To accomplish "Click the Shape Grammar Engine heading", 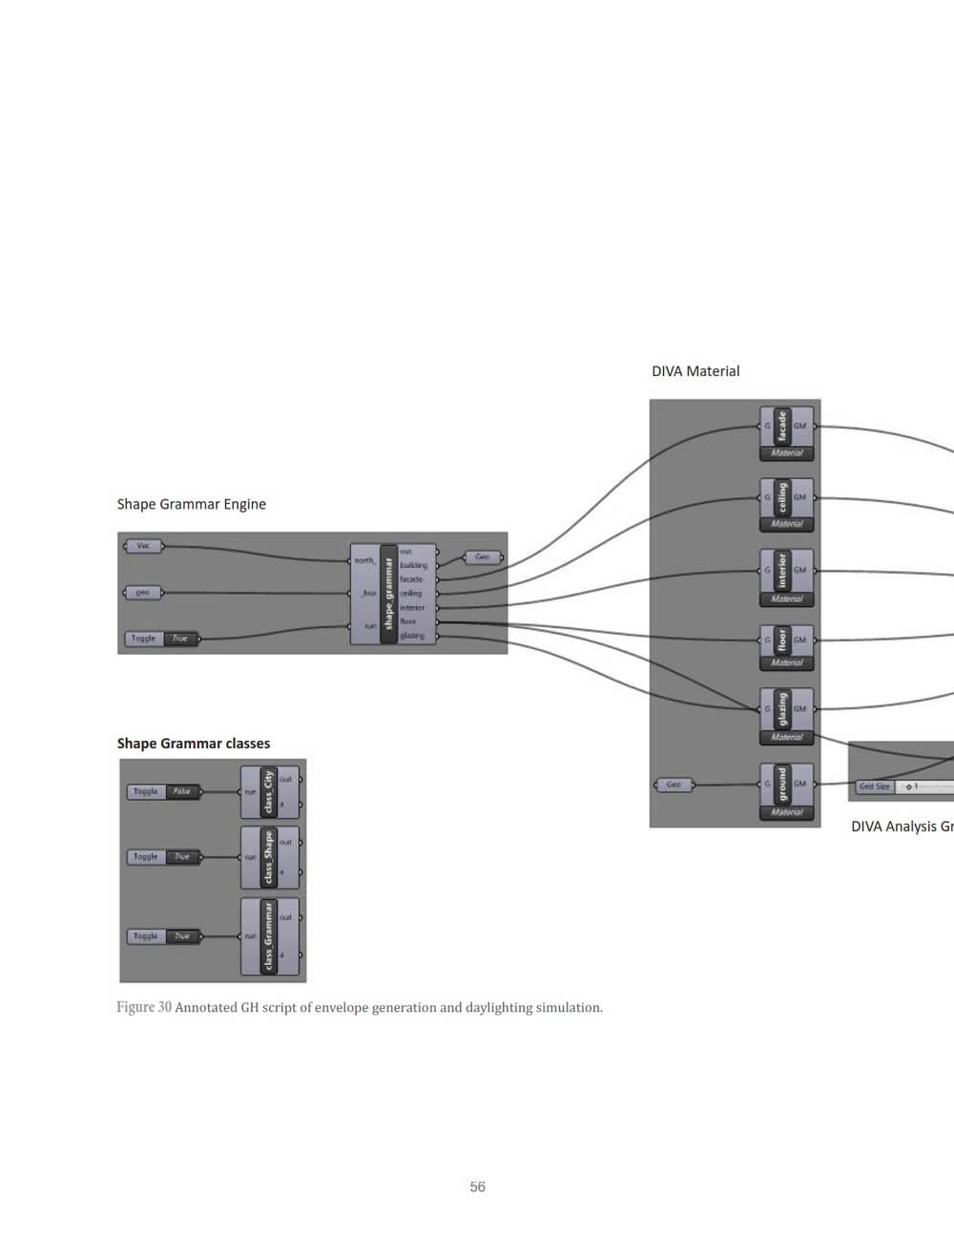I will tap(191, 504).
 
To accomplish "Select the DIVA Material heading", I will tap(695, 371).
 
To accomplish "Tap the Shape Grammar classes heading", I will tap(194, 744).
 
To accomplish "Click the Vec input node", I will tap(143, 546).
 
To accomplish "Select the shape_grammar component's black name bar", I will tap(388, 594).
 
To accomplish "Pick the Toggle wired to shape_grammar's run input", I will tap(162, 639).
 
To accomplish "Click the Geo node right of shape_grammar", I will tap(483, 556).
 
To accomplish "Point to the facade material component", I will tap(786, 433).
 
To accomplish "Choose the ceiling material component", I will tap(786, 504).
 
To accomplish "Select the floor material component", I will tap(786, 646).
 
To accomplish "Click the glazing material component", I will tap(786, 716).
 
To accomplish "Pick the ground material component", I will tap(786, 790).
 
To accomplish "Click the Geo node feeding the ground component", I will tap(674, 785).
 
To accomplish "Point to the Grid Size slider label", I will tap(874, 787).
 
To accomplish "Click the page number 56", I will tap(478, 1186).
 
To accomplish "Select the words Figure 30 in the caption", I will tap(144, 1007).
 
